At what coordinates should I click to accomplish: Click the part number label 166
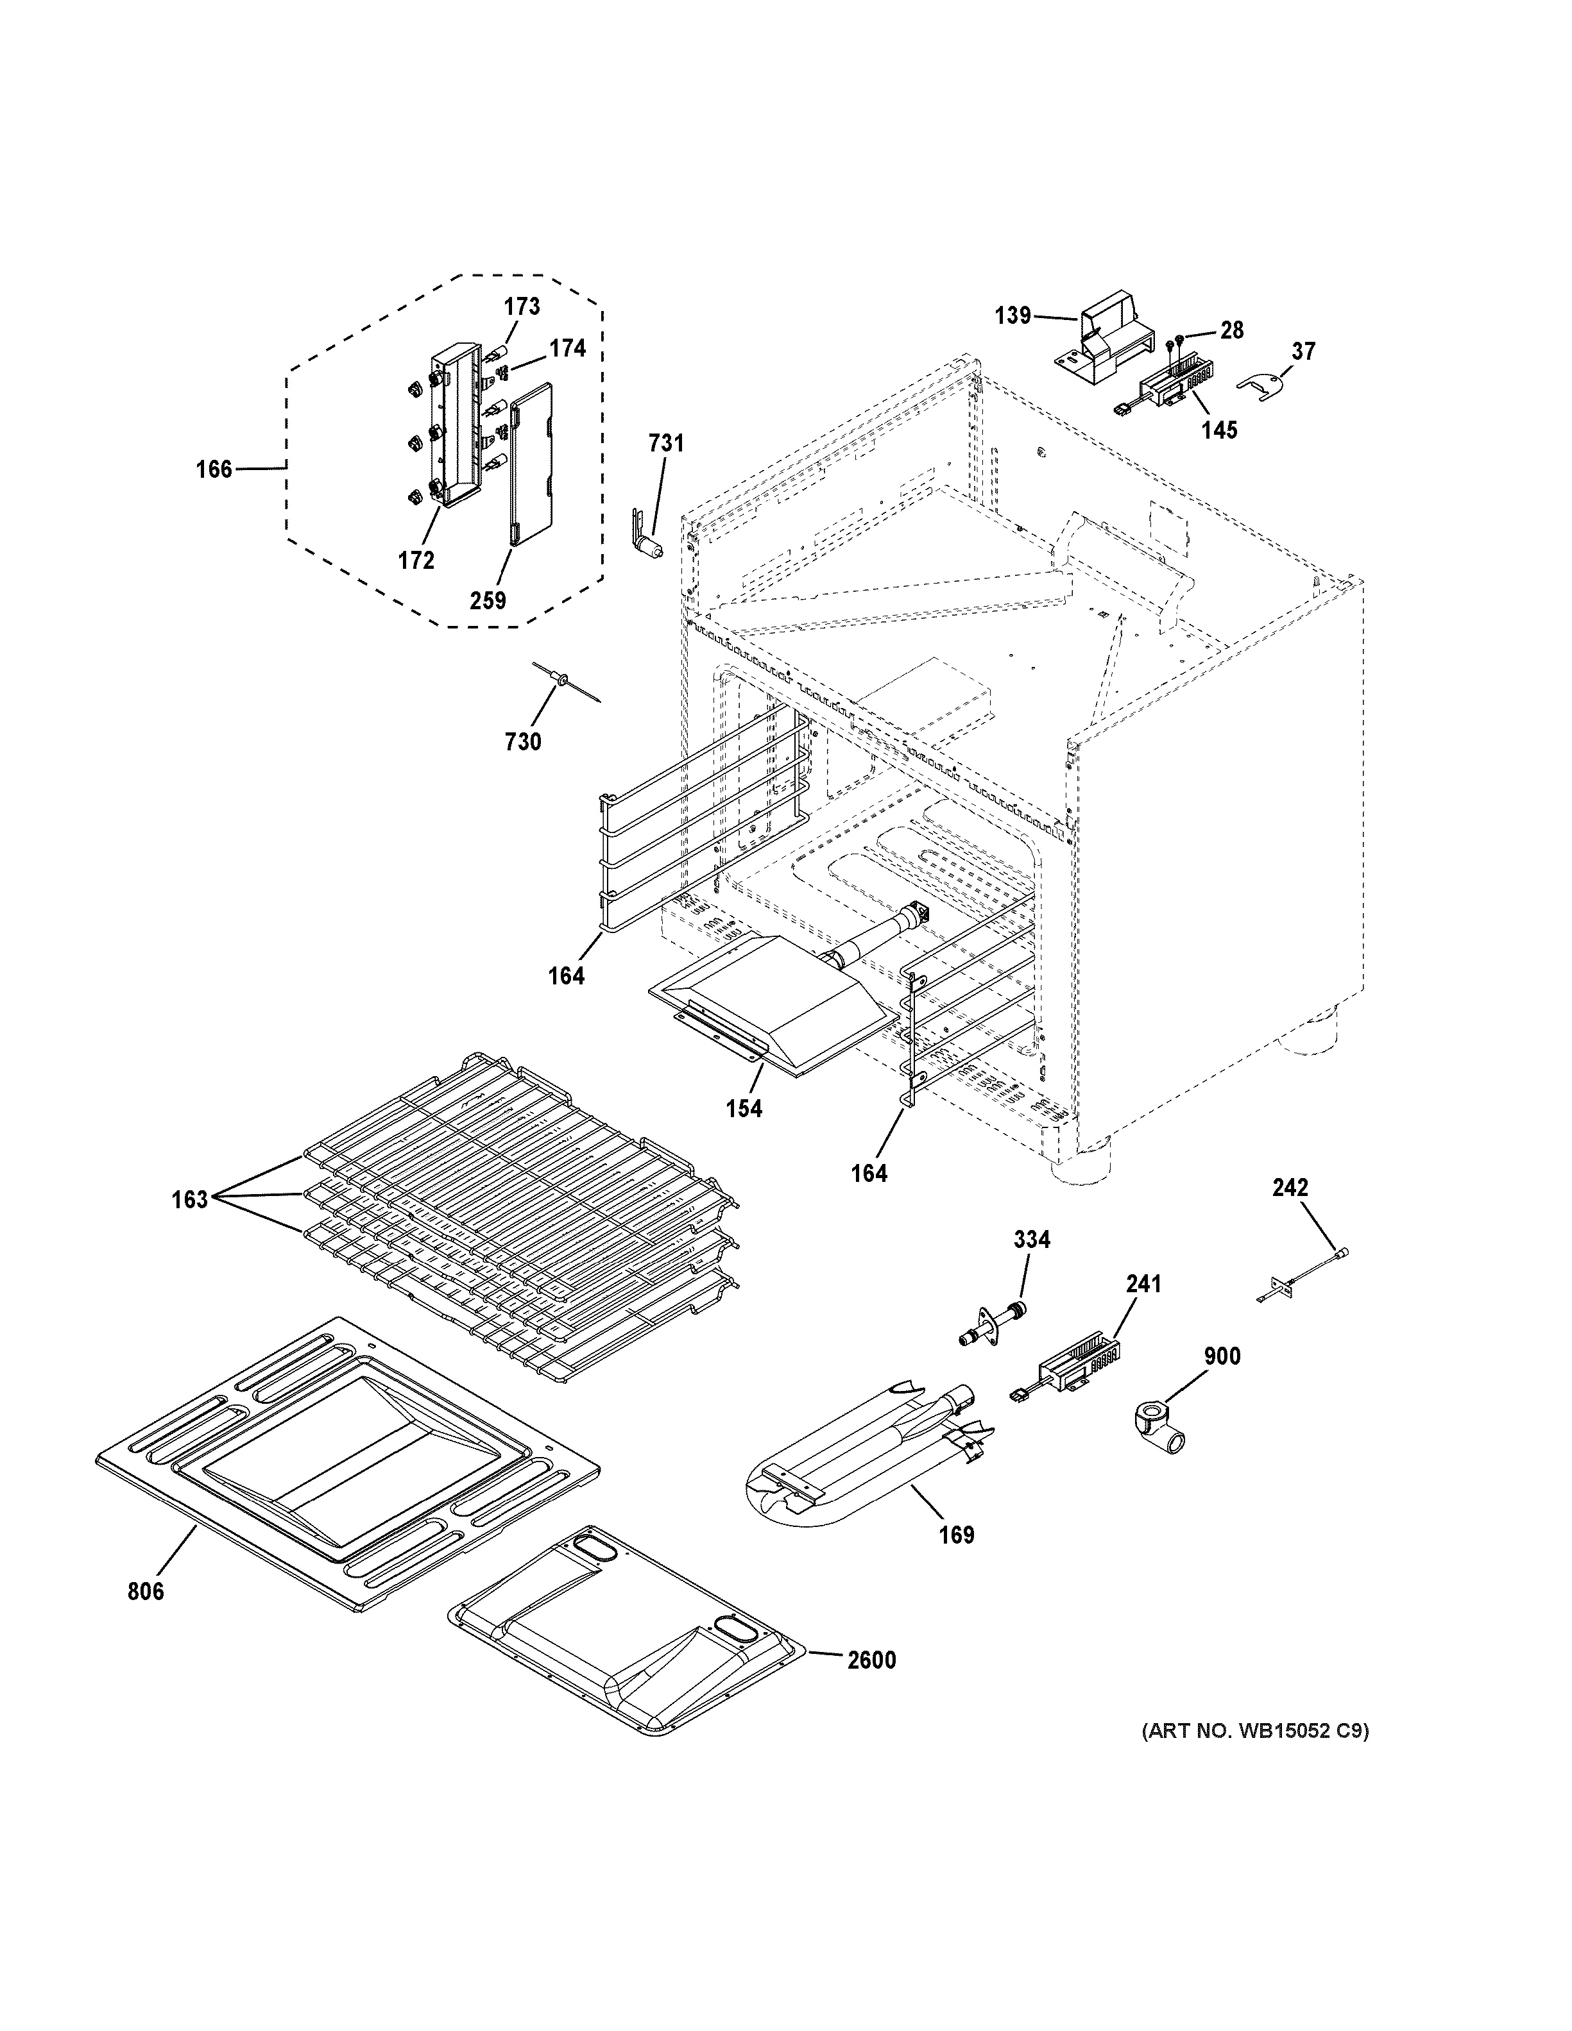pos(213,469)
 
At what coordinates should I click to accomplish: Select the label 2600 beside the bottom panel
pos(871,1660)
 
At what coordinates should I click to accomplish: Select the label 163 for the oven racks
pos(190,1200)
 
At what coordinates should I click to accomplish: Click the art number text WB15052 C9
pos(1255,1732)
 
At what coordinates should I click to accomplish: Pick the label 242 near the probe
pos(1290,1188)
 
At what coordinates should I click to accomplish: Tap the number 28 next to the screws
pos(1231,330)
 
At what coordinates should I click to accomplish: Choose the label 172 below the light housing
pos(416,560)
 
